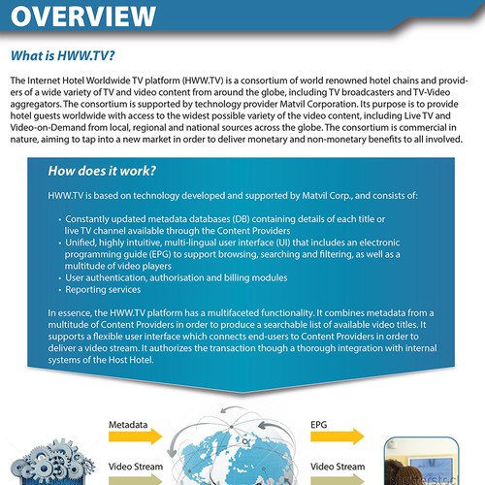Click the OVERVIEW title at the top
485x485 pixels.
pos(82,16)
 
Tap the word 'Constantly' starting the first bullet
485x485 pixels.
pos(94,220)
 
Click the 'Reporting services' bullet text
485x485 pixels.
pos(103,290)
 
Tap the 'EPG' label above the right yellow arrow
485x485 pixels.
pos(318,425)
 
